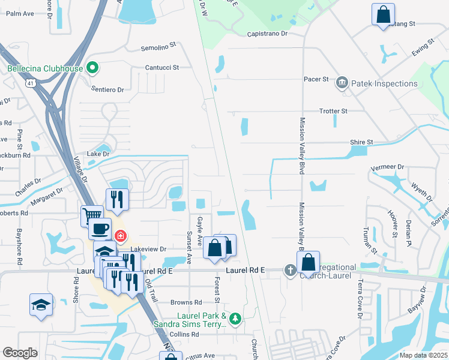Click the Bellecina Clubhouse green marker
(x=92, y=68)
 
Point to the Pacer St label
(x=318, y=79)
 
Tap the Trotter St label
(x=333, y=112)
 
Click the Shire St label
(x=362, y=142)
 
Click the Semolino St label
(x=158, y=45)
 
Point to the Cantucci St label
(x=162, y=68)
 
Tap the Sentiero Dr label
(x=107, y=89)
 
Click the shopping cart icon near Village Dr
(x=92, y=215)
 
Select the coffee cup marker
(x=100, y=229)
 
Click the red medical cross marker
(x=121, y=236)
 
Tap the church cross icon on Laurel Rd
(x=290, y=271)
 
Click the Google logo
(x=20, y=353)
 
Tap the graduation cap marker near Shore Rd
(x=41, y=304)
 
